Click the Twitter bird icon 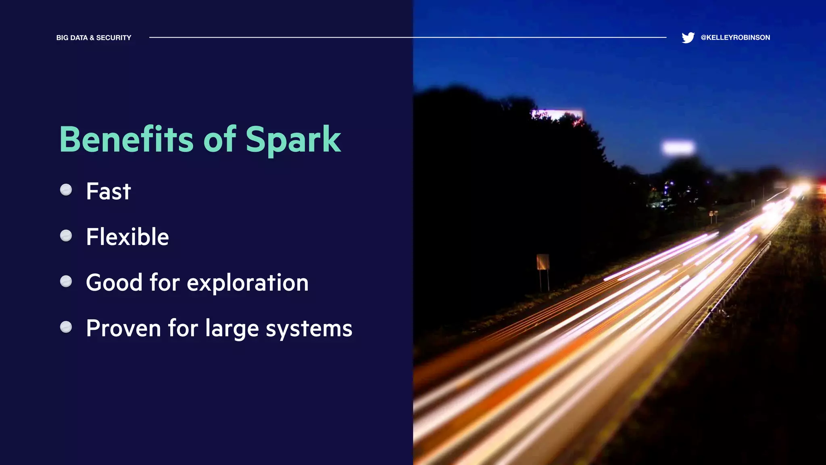point(688,38)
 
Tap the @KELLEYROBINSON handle point(735,38)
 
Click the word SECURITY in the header point(114,38)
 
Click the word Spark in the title point(293,140)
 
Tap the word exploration point(248,283)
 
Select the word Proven point(123,328)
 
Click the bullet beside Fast point(66,190)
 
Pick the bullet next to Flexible point(66,236)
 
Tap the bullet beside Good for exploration point(66,281)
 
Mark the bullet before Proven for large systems point(66,327)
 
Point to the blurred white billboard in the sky point(678,148)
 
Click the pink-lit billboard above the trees point(557,115)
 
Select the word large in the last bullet point(232,329)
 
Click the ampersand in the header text point(92,38)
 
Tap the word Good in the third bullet point(114,283)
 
